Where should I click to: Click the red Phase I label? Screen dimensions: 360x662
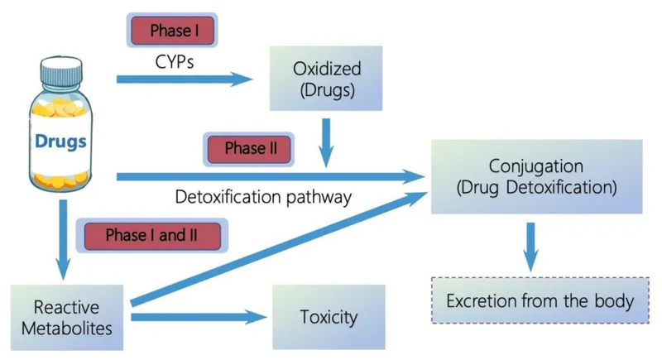pyautogui.click(x=175, y=31)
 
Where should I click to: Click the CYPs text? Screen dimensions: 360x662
pyautogui.click(x=175, y=61)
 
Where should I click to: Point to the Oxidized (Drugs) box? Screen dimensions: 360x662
pyautogui.click(x=326, y=79)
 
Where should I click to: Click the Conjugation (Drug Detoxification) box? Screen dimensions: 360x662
pyautogui.click(x=536, y=175)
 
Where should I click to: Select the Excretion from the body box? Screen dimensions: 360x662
pyautogui.click(x=540, y=300)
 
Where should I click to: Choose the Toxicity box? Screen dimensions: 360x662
pyautogui.click(x=329, y=316)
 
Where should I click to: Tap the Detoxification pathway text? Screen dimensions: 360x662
pyautogui.click(x=264, y=198)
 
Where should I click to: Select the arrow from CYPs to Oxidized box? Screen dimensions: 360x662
pyautogui.click(x=184, y=79)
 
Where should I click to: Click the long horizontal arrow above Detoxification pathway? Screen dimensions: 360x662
pyautogui.click(x=265, y=176)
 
